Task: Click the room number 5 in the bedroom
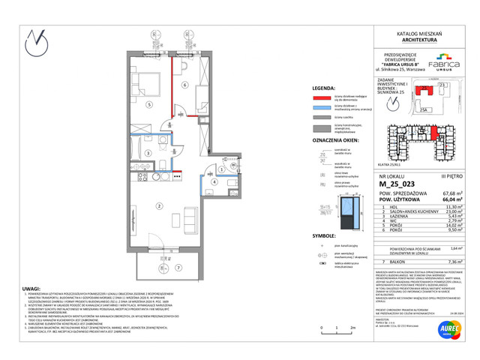click(150, 105)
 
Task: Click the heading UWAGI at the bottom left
click(31, 288)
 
